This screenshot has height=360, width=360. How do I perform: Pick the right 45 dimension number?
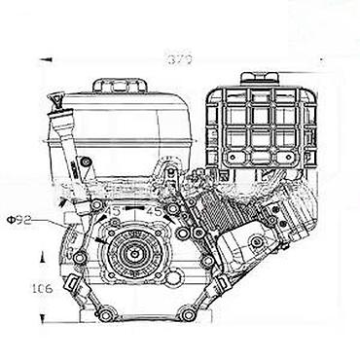[153, 209]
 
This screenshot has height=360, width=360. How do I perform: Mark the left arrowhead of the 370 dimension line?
[46, 59]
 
